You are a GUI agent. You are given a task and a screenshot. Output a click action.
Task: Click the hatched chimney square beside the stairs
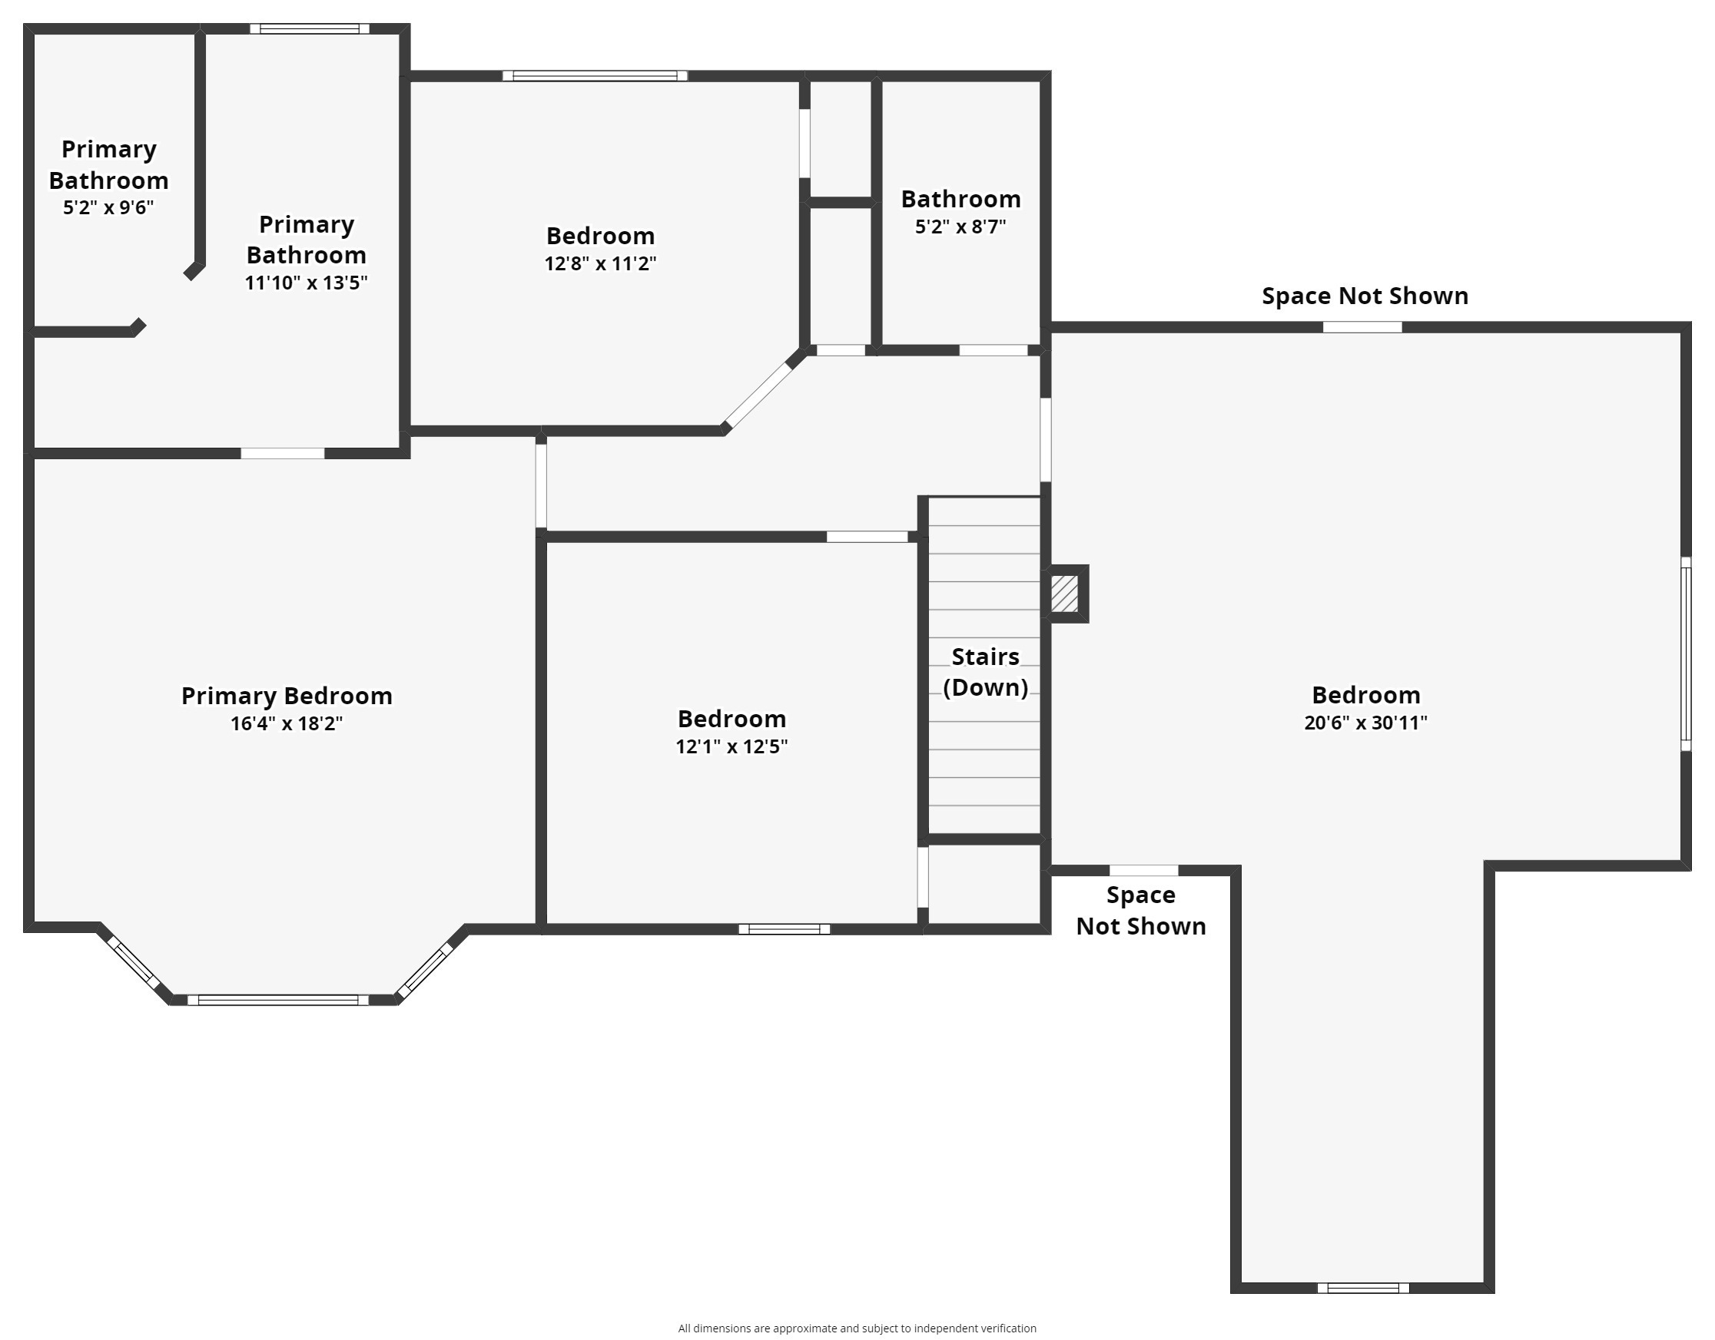point(1064,594)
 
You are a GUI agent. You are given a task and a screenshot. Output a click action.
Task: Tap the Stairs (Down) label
point(986,672)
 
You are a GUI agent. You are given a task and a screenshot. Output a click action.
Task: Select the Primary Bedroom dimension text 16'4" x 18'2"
point(287,723)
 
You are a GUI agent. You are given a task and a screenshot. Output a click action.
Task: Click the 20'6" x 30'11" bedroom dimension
point(1365,722)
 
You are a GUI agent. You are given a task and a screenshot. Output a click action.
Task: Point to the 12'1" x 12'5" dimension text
point(731,746)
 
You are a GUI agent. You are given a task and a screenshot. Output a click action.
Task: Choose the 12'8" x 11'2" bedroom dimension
point(601,263)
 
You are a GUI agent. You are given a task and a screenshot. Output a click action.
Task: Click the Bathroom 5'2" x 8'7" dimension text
point(960,227)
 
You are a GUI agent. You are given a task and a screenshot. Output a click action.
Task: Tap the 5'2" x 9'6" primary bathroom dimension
point(108,207)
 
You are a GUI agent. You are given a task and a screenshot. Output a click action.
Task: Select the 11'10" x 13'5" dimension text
point(307,283)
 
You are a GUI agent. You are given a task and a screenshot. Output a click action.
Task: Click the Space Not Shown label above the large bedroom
point(1365,296)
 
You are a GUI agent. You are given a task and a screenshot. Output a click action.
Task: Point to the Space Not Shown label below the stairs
point(1141,911)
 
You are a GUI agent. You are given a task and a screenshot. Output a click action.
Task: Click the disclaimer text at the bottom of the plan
point(857,1328)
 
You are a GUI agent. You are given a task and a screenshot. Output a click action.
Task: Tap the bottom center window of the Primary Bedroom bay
point(278,1000)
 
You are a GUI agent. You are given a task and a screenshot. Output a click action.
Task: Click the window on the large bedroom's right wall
point(1686,654)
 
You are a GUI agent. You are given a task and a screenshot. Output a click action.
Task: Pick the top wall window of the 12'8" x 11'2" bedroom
point(595,76)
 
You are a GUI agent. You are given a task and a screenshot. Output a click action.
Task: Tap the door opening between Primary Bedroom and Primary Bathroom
point(283,454)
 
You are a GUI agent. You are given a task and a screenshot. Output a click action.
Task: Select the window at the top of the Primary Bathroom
point(310,29)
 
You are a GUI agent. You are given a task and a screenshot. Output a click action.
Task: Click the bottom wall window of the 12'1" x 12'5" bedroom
point(785,929)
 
